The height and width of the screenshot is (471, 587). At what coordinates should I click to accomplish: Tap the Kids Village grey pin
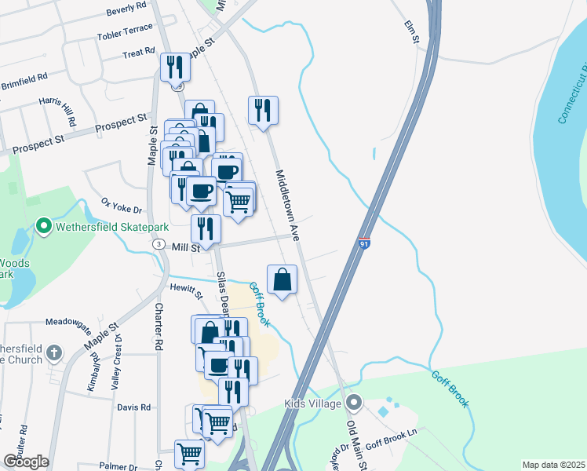click(x=354, y=403)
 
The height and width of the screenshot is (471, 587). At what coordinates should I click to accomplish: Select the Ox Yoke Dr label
click(x=121, y=206)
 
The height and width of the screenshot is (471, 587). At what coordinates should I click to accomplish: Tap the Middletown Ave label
click(x=287, y=204)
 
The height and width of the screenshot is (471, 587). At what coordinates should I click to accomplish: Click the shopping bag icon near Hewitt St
click(x=283, y=279)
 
